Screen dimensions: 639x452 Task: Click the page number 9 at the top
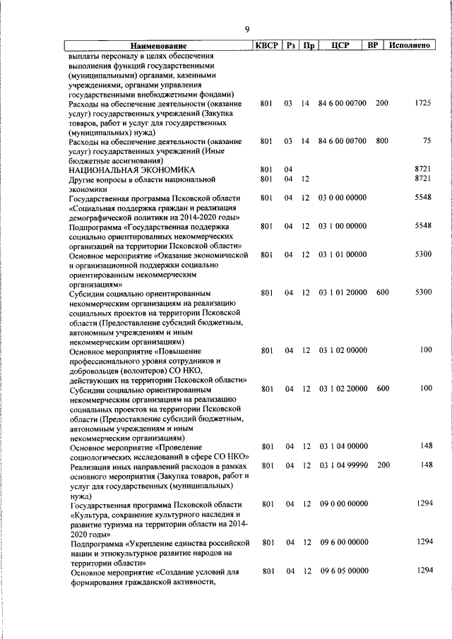pyautogui.click(x=246, y=29)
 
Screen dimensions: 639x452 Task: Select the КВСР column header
pyautogui.click(x=266, y=46)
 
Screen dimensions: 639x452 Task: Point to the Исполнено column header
pyautogui.click(x=410, y=46)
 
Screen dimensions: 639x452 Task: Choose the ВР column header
pyautogui.click(x=374, y=46)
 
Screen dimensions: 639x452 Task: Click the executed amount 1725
pyautogui.click(x=422, y=103)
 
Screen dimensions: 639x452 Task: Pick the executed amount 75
pyautogui.click(x=426, y=141)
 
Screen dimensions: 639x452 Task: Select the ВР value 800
pyautogui.click(x=382, y=141)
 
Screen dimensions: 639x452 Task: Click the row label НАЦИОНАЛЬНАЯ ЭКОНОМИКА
pyautogui.click(x=131, y=170)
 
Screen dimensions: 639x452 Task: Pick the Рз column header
pyautogui.click(x=290, y=46)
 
